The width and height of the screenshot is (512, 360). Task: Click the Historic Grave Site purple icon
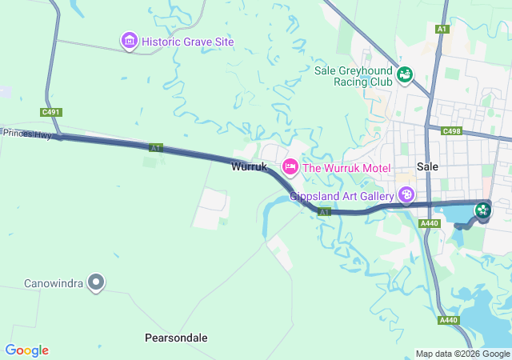point(129,40)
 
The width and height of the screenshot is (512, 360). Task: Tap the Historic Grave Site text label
point(187,41)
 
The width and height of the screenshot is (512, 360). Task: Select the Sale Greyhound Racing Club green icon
point(405,74)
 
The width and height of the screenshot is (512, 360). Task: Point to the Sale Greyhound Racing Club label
point(354,75)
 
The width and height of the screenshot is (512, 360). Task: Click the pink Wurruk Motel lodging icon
point(290,167)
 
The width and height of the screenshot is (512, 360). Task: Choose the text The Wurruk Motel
point(346,168)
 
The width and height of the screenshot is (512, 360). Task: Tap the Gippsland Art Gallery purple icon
point(406,195)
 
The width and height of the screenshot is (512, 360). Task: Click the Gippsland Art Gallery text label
point(342,195)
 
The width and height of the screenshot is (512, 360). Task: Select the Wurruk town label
point(248,167)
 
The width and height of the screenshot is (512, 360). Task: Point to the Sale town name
point(428,166)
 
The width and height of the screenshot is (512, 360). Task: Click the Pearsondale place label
point(176,338)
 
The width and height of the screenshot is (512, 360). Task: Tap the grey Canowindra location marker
point(96,282)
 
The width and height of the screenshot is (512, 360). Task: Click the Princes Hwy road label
point(26,134)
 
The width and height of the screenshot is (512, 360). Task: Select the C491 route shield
point(50,113)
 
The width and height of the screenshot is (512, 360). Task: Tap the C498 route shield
point(452,130)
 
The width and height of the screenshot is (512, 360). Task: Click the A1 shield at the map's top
point(442,29)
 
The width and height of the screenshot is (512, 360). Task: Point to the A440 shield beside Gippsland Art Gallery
point(429,223)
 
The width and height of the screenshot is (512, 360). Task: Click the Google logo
point(26,350)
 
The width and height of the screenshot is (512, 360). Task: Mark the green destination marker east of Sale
point(483,210)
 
